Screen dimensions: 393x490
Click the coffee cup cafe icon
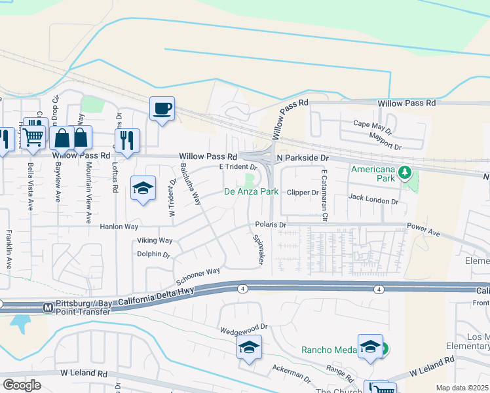pyautogui.click(x=162, y=108)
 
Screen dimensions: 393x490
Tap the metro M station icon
pyautogui.click(x=47, y=307)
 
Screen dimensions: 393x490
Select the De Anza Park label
pyautogui.click(x=252, y=192)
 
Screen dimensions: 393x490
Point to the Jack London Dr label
pyautogui.click(x=373, y=196)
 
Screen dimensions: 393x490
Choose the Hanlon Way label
pyautogui.click(x=119, y=226)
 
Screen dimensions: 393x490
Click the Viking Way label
pyautogui.click(x=155, y=240)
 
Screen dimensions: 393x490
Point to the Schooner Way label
pyautogui.click(x=197, y=272)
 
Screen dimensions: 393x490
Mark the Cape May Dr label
pyautogui.click(x=372, y=123)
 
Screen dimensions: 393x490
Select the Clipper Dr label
pyautogui.click(x=305, y=193)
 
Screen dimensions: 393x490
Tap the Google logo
pyautogui.click(x=22, y=385)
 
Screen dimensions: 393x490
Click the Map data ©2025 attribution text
pyautogui.click(x=462, y=388)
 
